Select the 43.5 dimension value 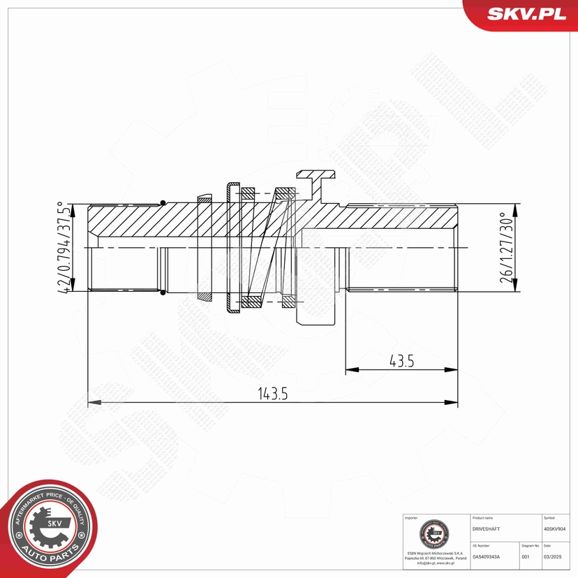[x=401, y=360]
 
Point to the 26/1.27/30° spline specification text [x=507, y=247]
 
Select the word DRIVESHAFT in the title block [x=486, y=529]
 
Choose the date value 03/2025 [x=552, y=556]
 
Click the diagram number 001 [x=526, y=556]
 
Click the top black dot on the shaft [x=163, y=203]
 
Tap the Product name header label [x=483, y=519]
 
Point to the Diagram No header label [x=530, y=546]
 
